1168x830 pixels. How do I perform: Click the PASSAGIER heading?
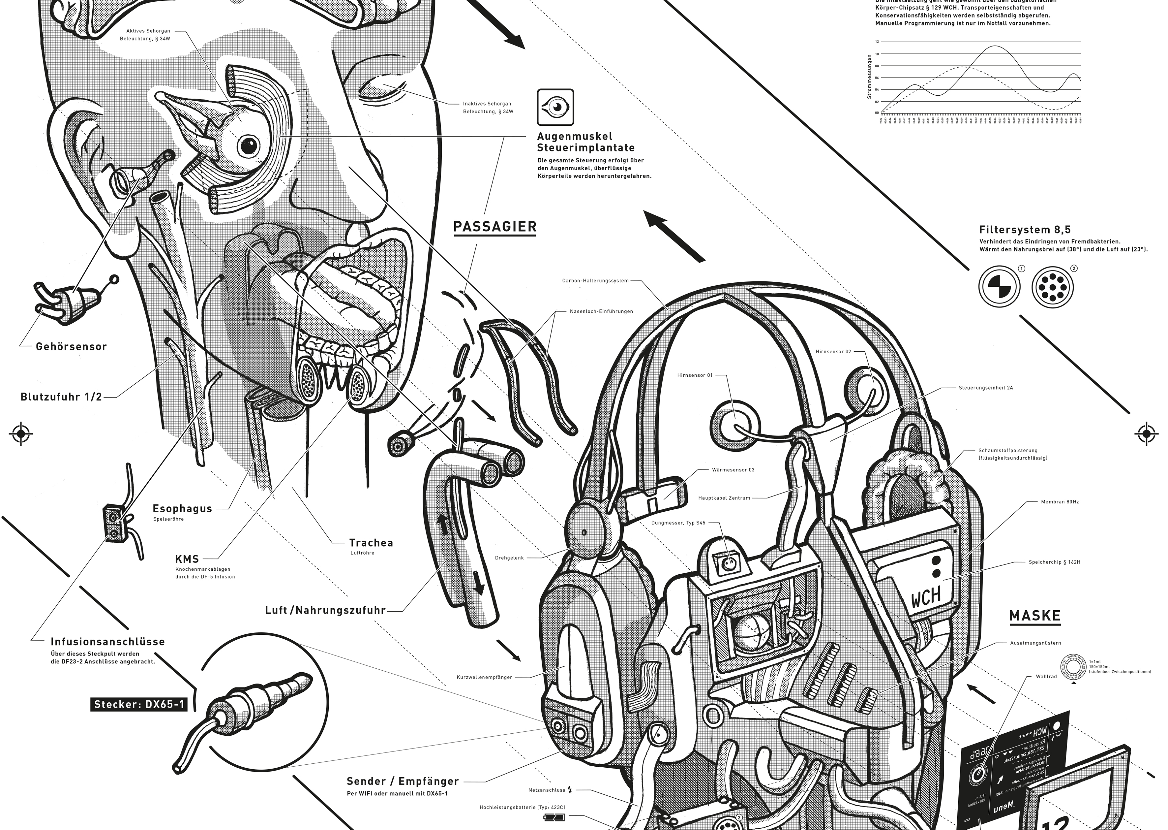495,226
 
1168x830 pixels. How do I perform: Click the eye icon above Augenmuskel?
555,107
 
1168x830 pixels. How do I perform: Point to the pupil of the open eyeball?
249,146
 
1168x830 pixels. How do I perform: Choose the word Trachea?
371,543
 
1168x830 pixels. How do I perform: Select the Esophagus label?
182,509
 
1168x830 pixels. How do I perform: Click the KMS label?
187,559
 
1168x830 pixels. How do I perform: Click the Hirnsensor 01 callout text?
695,375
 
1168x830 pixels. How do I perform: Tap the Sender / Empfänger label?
403,782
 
